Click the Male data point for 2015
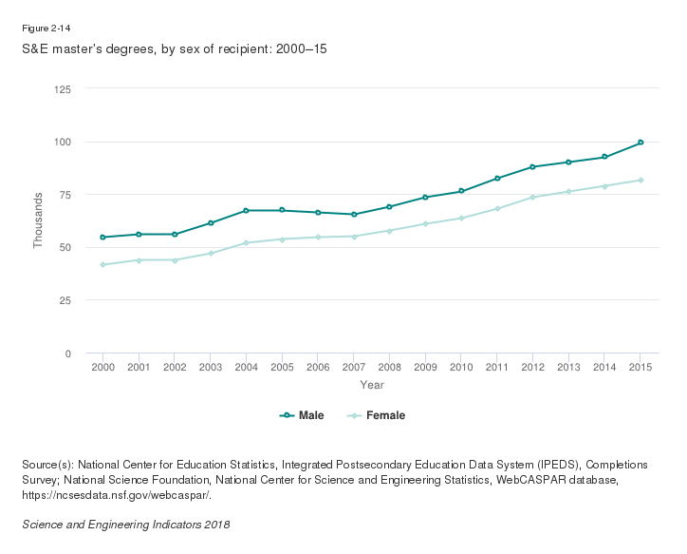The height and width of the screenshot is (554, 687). pos(641,143)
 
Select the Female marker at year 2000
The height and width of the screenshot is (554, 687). pos(102,264)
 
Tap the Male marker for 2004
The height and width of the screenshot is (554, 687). pos(246,210)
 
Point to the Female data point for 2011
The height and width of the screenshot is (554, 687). pos(497,208)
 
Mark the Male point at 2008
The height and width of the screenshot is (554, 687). pos(390,206)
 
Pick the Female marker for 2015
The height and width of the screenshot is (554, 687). pos(641,180)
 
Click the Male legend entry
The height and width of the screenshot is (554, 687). pos(303,415)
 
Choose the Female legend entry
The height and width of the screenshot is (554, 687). pos(380,415)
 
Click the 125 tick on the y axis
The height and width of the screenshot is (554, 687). pos(63,89)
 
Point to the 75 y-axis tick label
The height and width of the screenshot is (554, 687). pos(65,195)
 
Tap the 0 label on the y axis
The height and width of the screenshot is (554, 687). pos(68,353)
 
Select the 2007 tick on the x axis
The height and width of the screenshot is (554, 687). pos(354,368)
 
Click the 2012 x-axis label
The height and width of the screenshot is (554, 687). pos(533,368)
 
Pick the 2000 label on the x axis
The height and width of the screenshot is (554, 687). pos(102,368)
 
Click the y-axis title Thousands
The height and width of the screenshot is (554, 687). pos(38,220)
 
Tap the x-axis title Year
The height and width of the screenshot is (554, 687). pos(372,385)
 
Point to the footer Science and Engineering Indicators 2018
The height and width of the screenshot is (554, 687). pos(125,525)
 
